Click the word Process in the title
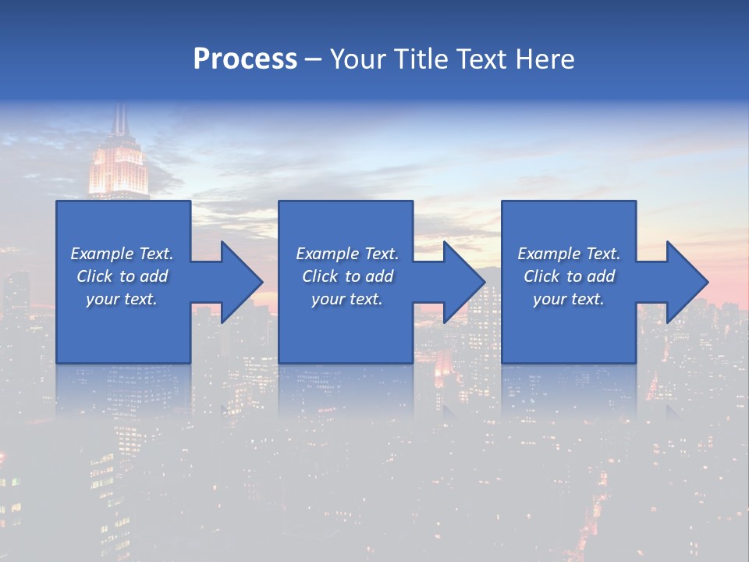[245, 59]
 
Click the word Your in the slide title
[357, 59]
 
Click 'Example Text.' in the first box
[122, 254]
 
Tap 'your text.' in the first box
[122, 299]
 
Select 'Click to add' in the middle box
[347, 276]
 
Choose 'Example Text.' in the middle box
[347, 254]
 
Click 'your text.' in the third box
[569, 299]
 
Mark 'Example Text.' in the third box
[569, 254]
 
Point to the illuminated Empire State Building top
[119, 168]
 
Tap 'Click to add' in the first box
[122, 276]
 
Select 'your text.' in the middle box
[347, 299]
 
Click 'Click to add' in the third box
[569, 276]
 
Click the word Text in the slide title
[479, 59]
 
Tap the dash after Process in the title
[314, 59]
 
